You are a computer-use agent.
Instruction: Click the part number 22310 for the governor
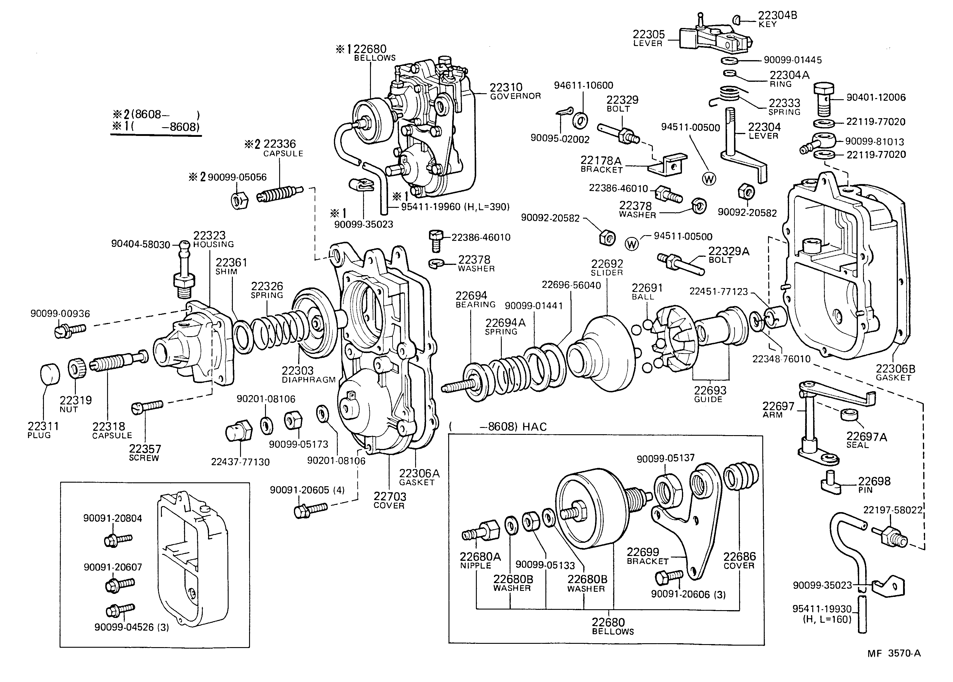[x=506, y=87]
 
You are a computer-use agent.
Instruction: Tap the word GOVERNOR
[x=515, y=97]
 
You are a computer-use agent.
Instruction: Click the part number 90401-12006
[x=876, y=97]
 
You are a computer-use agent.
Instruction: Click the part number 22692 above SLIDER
[x=607, y=264]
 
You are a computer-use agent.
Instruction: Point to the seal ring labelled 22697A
[x=849, y=414]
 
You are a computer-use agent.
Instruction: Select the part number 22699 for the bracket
[x=643, y=552]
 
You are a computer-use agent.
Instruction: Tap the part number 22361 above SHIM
[x=231, y=263]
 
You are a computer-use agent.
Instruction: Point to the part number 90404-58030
[x=141, y=244]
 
